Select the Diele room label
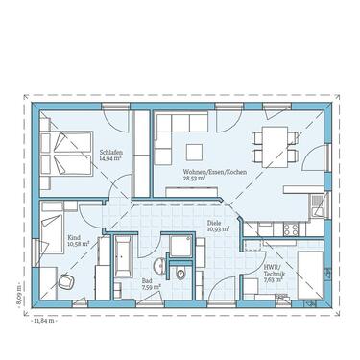214,222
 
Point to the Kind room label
73,237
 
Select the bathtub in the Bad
126,258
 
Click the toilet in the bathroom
180,274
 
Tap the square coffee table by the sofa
194,151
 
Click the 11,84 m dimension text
44,319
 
